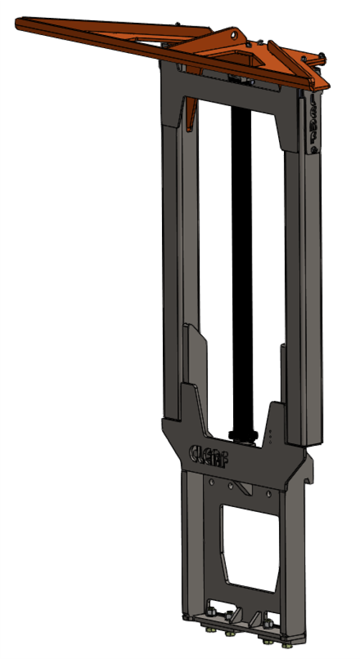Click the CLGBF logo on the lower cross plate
pos(209,453)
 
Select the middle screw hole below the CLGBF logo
pos(229,485)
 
